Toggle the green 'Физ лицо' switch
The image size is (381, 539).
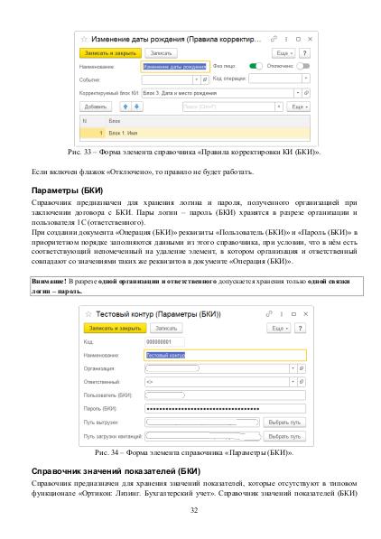256,66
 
